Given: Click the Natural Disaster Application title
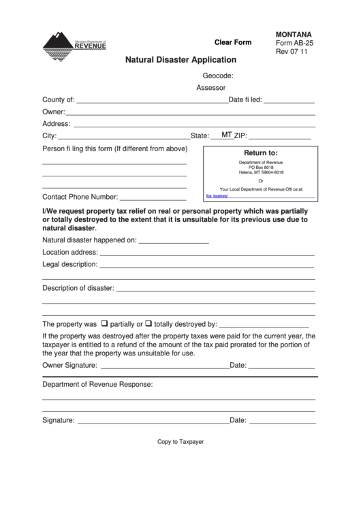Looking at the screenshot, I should tap(180, 60).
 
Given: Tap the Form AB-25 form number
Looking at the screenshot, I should tap(294, 42).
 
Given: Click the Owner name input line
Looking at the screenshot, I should tap(190, 112).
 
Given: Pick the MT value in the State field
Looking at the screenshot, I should tap(227, 135).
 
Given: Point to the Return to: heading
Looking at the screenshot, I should tap(261, 153).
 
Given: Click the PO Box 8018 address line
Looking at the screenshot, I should tap(261, 168).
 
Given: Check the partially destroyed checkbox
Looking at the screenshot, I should tap(105, 323).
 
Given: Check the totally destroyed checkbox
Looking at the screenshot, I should tap(148, 323).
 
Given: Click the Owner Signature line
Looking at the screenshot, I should tap(163, 366).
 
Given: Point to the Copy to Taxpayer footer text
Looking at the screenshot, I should tap(180, 442).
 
